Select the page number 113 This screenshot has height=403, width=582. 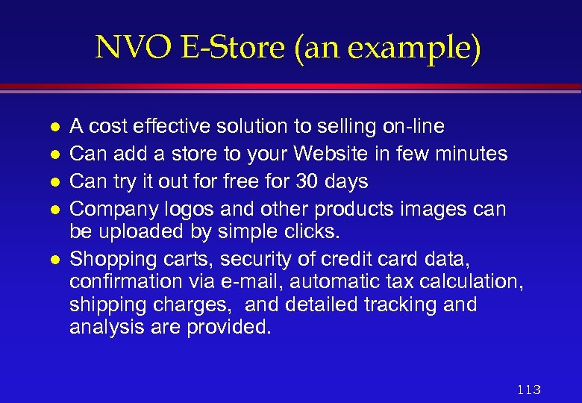click(x=528, y=390)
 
